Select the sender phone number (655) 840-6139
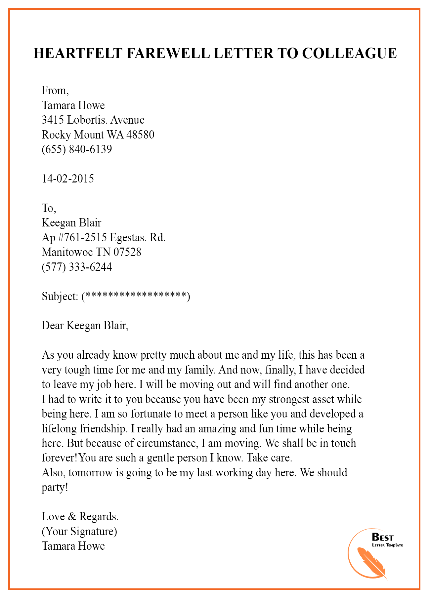(77, 149)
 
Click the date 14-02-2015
(68, 179)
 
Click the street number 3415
(53, 120)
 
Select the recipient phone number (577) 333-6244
(77, 267)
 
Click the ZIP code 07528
(127, 252)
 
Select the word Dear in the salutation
(53, 326)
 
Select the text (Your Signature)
(79, 531)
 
